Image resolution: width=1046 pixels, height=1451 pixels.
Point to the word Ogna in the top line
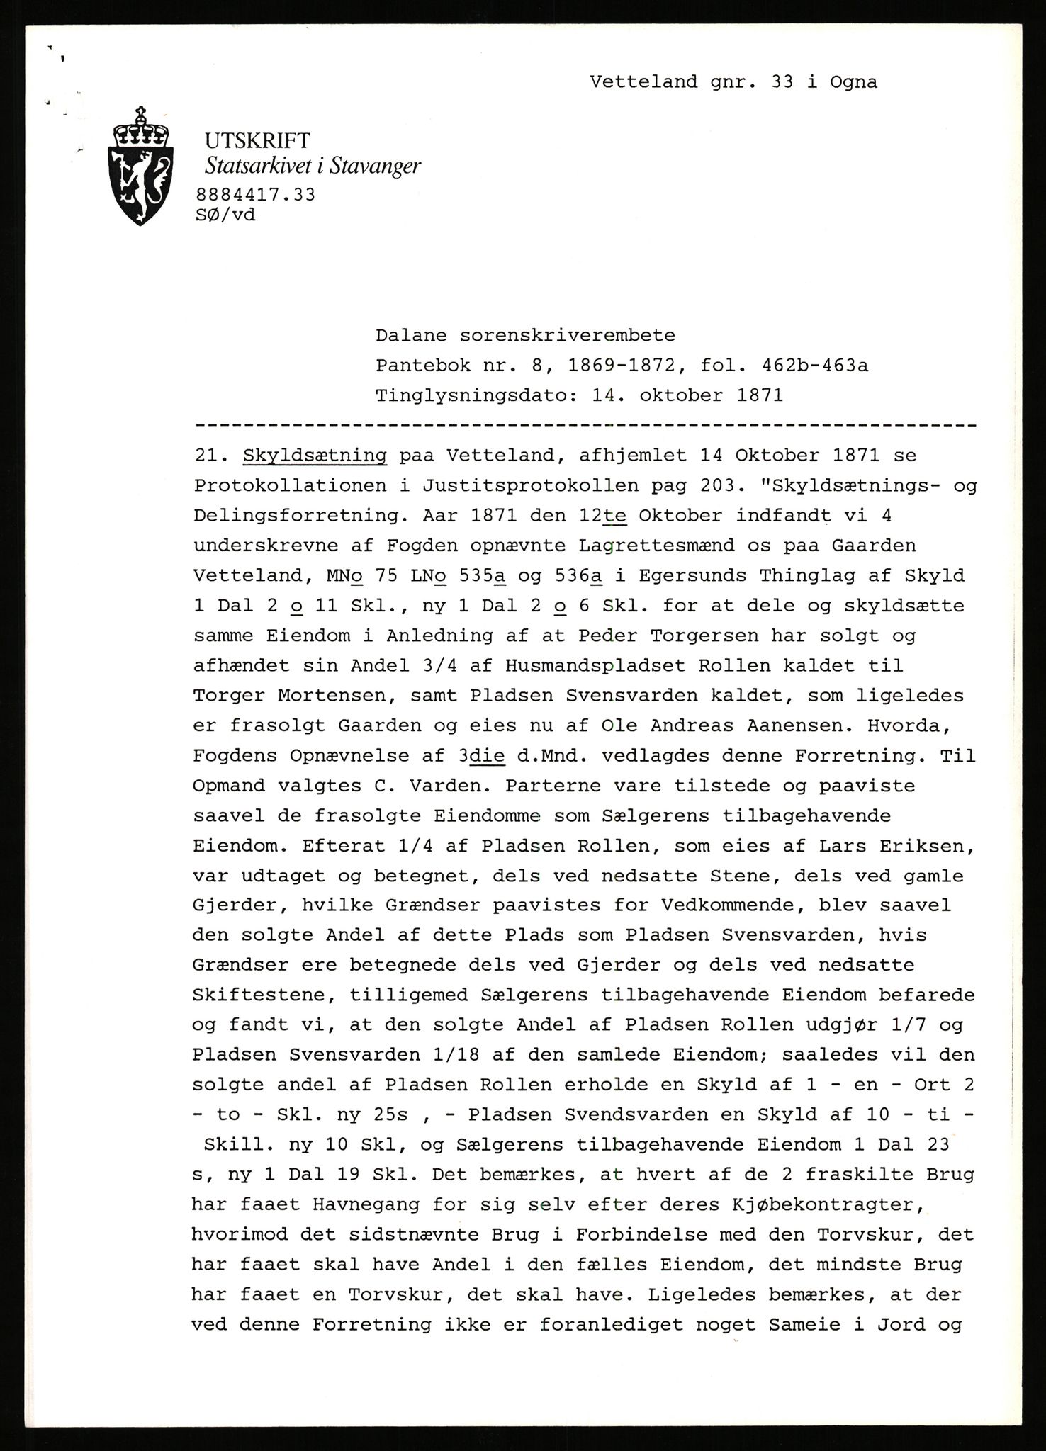coord(849,82)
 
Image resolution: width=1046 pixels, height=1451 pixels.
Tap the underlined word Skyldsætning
coord(315,456)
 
